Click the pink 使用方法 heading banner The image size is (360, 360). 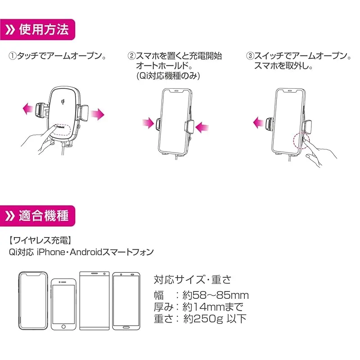coord(38,30)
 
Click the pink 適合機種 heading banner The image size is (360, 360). coord(38,216)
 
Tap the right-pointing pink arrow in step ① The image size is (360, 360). coord(97,114)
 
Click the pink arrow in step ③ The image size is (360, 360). coord(258,121)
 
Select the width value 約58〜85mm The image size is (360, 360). coord(216,295)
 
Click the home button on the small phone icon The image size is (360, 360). coord(63,326)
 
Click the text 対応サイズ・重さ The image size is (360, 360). coord(192,279)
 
